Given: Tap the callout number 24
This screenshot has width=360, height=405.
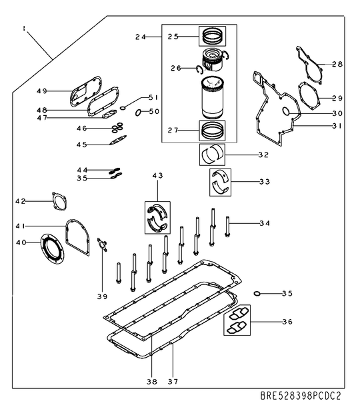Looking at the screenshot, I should click(x=140, y=37).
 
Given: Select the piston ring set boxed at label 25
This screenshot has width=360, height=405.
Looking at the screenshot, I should click(x=214, y=35).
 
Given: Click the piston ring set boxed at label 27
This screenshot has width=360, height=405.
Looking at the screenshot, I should click(x=214, y=129).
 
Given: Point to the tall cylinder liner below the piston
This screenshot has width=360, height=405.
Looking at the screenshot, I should click(x=213, y=97).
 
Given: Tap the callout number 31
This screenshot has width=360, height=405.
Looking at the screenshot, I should click(x=337, y=126).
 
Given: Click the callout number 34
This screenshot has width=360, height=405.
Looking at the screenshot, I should click(x=265, y=222).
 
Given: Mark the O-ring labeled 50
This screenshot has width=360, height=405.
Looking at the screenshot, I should click(x=138, y=112).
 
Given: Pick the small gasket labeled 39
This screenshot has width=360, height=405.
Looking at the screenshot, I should click(x=102, y=245).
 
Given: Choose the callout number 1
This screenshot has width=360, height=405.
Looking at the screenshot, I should click(x=24, y=29).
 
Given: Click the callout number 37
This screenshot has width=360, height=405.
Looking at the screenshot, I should click(x=172, y=382).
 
